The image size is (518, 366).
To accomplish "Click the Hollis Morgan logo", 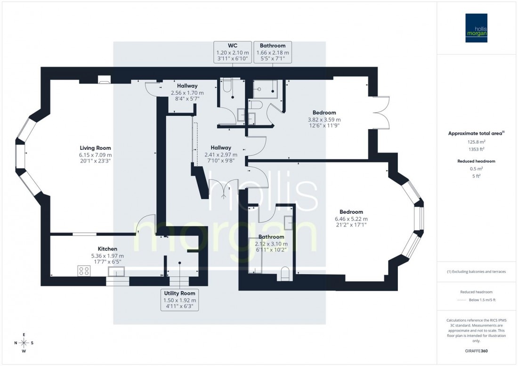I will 477,28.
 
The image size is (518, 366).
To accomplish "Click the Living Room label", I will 96,147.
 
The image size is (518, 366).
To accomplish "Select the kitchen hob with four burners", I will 84,271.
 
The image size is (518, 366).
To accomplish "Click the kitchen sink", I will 116,271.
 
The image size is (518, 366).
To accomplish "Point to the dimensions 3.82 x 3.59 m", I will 324,120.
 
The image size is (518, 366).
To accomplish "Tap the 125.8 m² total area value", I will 477,141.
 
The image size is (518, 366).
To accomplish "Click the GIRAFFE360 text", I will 477,352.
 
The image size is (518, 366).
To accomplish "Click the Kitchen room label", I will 107,249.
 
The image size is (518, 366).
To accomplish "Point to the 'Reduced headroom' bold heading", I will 477,161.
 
